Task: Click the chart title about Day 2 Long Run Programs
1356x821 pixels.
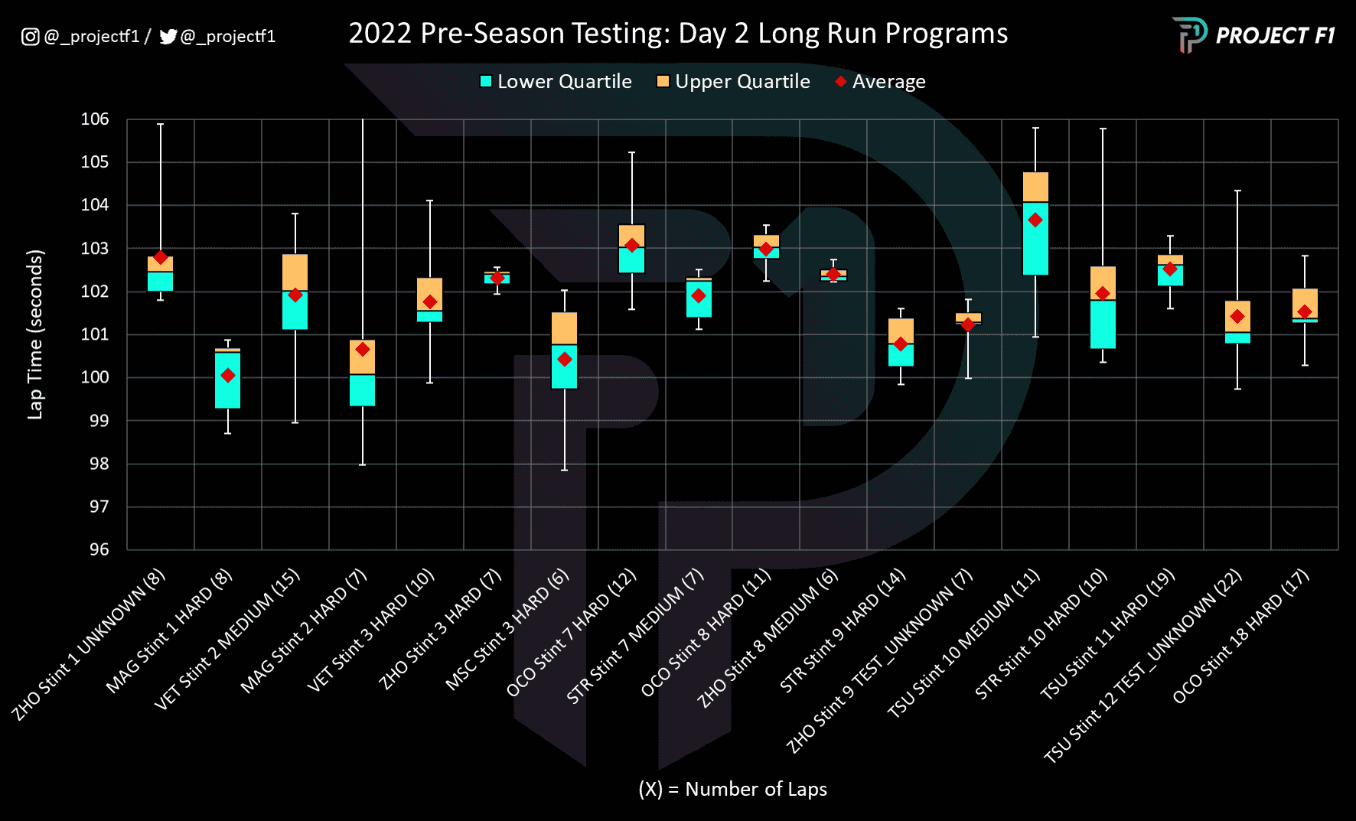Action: coord(678,34)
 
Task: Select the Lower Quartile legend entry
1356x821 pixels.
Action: coord(556,82)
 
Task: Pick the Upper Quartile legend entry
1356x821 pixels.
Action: coord(733,82)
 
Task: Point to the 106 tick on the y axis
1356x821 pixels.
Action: coord(95,119)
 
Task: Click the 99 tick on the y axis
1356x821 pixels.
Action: coord(99,421)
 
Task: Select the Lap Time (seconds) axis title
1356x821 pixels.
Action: coord(35,334)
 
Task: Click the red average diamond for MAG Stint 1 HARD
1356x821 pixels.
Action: coord(228,375)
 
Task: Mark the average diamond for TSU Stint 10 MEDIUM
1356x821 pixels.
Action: coord(1035,220)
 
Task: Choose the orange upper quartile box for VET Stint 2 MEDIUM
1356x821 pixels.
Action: coord(295,272)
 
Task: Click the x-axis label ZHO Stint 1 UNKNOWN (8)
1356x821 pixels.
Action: coord(88,645)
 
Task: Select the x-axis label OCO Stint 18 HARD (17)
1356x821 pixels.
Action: coord(1240,637)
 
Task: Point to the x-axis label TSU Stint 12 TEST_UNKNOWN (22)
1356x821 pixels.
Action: coord(1142,667)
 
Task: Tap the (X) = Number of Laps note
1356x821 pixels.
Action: coord(732,789)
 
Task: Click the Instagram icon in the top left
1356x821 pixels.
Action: coord(30,37)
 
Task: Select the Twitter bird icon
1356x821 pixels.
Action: coord(168,37)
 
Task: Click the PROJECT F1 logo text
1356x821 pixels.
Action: coord(1275,36)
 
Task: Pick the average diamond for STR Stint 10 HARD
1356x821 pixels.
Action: coord(1103,294)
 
